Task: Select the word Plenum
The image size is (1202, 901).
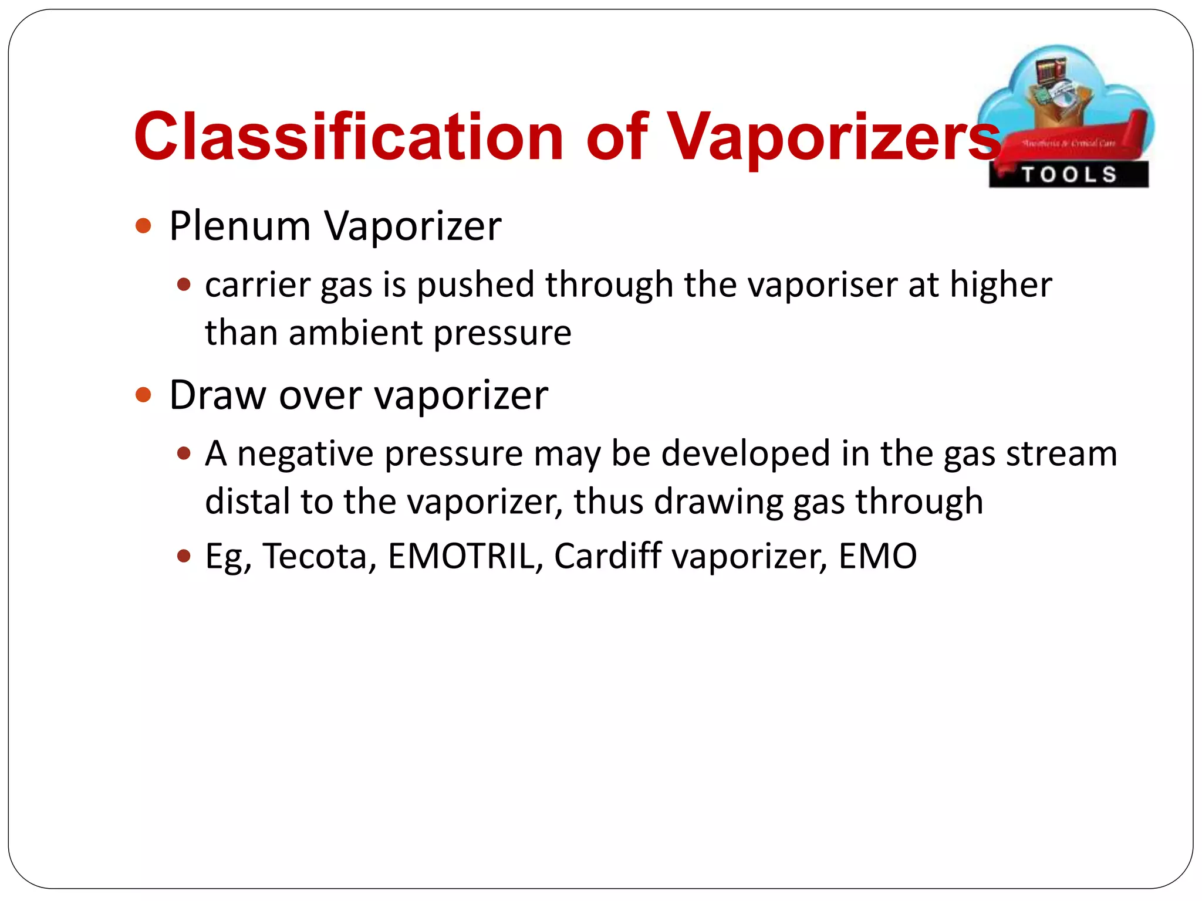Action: [239, 226]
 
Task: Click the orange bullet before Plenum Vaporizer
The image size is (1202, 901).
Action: [143, 226]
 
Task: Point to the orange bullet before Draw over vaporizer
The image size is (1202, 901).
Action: [143, 395]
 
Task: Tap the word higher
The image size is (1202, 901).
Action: [1001, 284]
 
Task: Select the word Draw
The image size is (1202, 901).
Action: [217, 395]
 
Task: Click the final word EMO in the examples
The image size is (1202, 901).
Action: [877, 556]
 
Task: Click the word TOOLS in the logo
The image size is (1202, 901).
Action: [1069, 175]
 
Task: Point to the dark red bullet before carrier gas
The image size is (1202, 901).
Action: [184, 286]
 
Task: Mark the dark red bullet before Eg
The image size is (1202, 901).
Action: [184, 556]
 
